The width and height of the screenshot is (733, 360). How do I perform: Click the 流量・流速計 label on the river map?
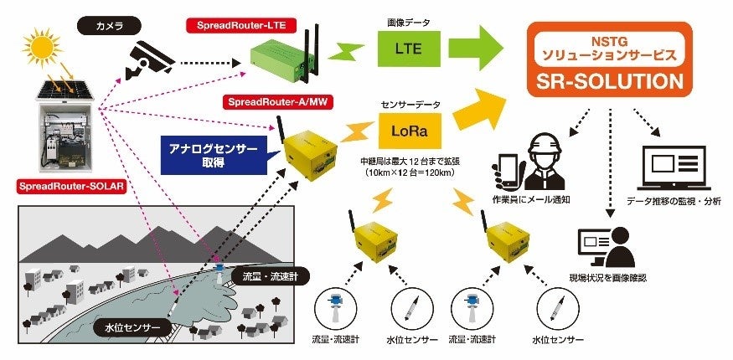[x=260, y=276]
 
